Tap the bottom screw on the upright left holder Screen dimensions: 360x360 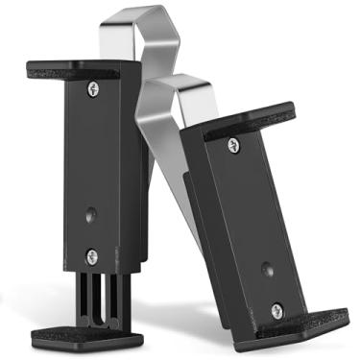pyautogui.click(x=92, y=255)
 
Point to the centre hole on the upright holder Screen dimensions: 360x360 pyautogui.click(x=91, y=215)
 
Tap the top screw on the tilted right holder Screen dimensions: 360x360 pyautogui.click(x=233, y=145)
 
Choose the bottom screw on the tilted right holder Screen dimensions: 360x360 pyautogui.click(x=276, y=310)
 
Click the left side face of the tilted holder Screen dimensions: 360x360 pyautogui.click(x=197, y=230)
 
